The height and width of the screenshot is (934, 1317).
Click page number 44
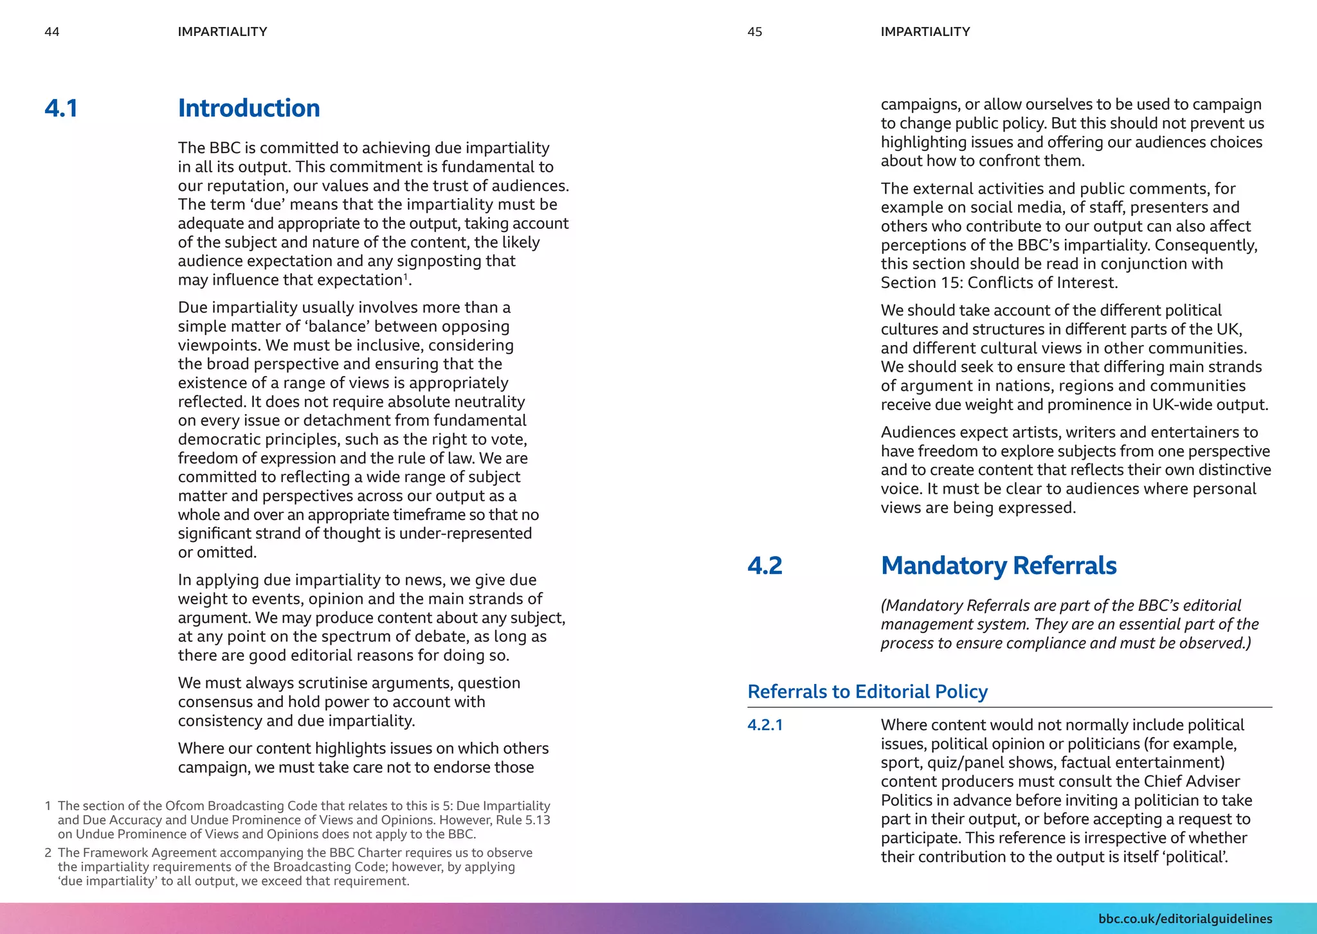click(51, 32)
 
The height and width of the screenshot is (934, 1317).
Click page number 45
click(754, 32)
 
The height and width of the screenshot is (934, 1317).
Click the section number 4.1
click(61, 108)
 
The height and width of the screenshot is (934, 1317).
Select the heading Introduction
click(249, 108)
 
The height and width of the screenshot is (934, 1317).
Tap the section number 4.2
click(765, 566)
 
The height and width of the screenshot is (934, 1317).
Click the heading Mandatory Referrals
click(998, 566)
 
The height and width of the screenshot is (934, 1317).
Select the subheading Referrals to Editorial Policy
click(867, 692)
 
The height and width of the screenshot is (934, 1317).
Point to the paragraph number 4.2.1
click(765, 725)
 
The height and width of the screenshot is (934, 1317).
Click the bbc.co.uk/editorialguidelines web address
click(1185, 919)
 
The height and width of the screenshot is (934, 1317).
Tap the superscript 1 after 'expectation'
click(406, 276)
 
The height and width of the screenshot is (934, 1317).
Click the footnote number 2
click(48, 853)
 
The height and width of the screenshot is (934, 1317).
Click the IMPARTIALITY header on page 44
click(223, 32)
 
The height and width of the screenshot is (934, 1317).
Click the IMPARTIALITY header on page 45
click(925, 32)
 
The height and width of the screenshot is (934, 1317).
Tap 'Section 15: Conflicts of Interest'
click(998, 283)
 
